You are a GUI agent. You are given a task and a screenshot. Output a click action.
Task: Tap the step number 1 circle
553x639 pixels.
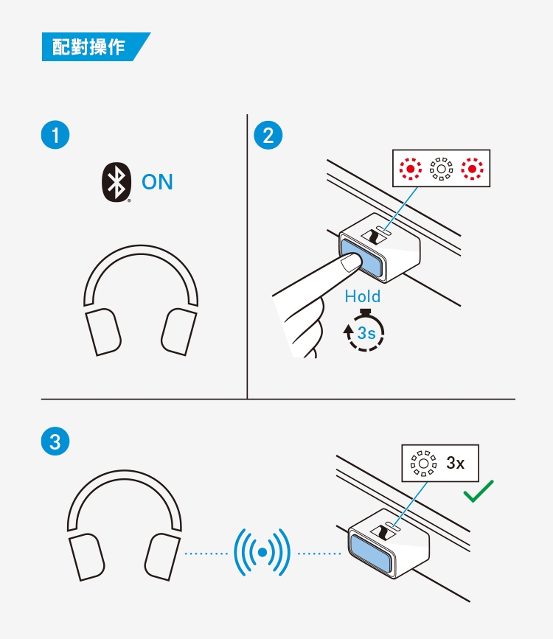pos(55,136)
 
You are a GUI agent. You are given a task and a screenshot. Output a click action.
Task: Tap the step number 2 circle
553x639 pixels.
pos(267,136)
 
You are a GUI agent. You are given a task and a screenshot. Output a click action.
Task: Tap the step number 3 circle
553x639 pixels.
pos(55,441)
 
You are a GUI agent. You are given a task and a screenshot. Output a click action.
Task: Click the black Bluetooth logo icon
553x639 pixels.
pos(115,183)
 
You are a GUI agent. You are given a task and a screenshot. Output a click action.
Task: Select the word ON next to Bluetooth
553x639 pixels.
pos(157,182)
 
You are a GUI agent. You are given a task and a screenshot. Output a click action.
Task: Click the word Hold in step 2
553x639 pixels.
pos(363,296)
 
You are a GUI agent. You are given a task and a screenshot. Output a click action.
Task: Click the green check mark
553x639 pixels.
pos(478,492)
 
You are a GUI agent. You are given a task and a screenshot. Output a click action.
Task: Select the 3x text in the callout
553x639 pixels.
pos(456,464)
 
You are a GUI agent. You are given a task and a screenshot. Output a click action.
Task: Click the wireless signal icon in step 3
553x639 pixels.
pos(262,552)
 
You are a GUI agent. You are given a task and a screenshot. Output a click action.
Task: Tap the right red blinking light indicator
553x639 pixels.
pos(470,169)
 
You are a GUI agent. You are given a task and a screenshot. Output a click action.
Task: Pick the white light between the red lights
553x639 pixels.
pos(439,169)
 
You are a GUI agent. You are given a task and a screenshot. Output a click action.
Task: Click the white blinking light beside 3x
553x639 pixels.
pos(423,464)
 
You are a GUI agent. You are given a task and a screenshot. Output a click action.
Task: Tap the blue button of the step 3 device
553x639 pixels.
pos(369,553)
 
